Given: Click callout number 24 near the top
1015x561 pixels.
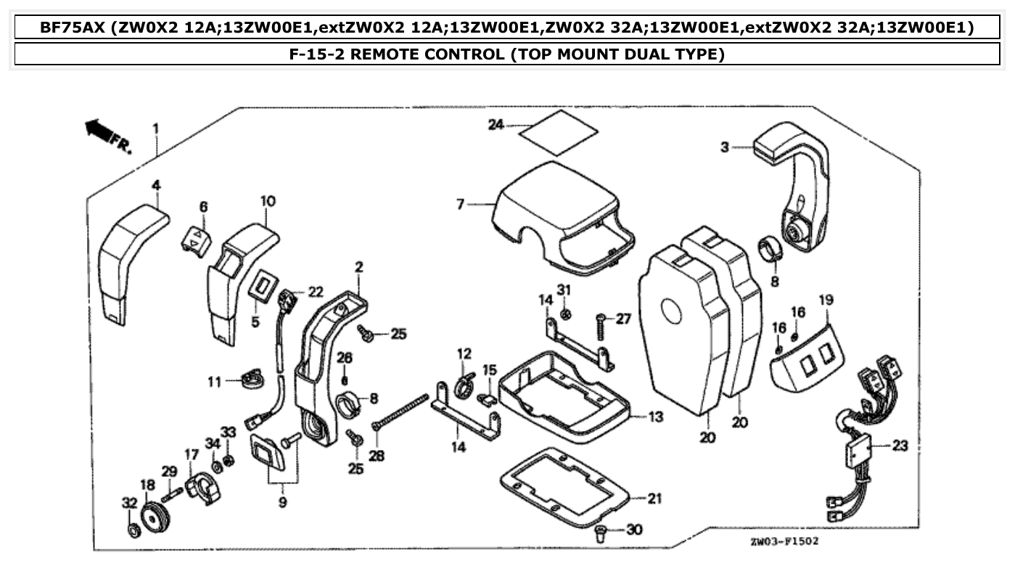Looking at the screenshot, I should tap(496, 124).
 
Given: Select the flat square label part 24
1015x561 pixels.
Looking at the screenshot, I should tap(560, 133).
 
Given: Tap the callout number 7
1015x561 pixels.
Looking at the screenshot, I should tap(460, 205).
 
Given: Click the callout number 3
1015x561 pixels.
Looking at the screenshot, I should tap(724, 148).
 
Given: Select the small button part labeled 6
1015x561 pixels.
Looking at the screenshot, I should tap(196, 239).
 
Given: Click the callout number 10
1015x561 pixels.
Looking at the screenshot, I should tap(268, 200).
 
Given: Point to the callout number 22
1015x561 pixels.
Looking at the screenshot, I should tap(316, 291).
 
